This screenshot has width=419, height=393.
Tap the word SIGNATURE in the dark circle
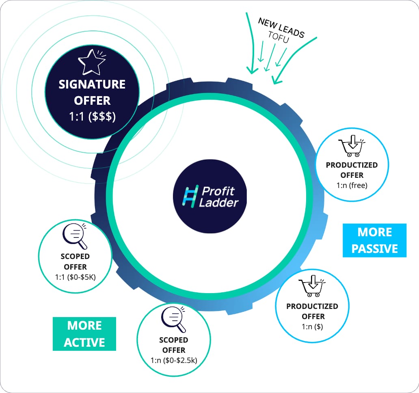click(x=92, y=84)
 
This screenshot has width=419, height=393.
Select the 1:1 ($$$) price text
click(x=92, y=117)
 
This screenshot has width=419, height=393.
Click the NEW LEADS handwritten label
click(x=281, y=28)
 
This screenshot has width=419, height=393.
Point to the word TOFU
click(x=279, y=37)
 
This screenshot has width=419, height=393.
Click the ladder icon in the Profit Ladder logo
click(x=190, y=196)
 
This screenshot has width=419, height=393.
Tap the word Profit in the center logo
click(x=218, y=191)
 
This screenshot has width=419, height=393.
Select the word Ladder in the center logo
click(x=218, y=203)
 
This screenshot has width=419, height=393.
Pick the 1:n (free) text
click(x=352, y=185)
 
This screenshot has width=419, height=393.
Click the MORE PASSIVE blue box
click(x=375, y=240)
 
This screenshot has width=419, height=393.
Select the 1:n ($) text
click(x=312, y=326)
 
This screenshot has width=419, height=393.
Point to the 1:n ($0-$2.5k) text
click(x=174, y=361)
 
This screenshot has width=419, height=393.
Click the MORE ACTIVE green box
click(x=84, y=334)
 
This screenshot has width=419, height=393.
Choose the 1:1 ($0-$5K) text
click(x=76, y=277)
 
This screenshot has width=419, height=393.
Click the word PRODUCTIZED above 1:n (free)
click(x=352, y=165)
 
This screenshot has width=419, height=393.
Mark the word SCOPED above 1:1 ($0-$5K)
click(x=75, y=257)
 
